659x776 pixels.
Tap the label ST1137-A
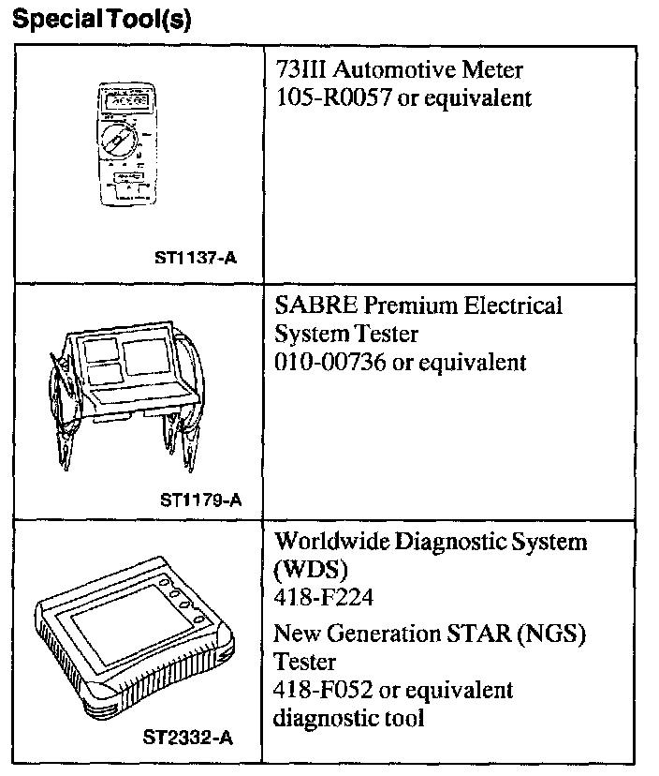193,254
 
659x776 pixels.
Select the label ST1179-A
200,500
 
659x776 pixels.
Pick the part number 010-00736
331,362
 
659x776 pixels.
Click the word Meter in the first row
491,70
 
